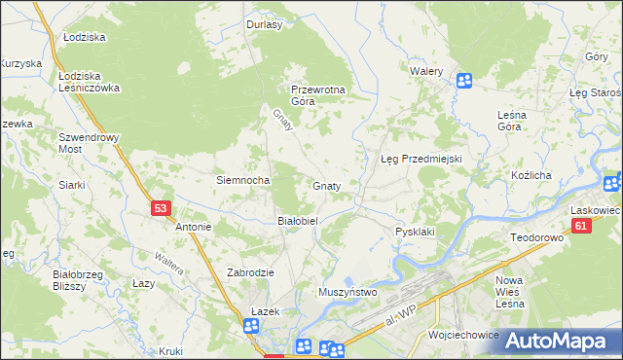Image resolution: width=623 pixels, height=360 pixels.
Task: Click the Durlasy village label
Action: (264, 24)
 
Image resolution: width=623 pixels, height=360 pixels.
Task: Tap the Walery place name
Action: (426, 72)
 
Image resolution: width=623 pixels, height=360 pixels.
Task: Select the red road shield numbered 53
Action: (162, 207)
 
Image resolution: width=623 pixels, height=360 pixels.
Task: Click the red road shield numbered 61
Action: (581, 226)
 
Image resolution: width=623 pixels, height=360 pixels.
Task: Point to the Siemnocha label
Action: (241, 180)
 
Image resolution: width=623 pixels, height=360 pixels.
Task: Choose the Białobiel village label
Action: (298, 221)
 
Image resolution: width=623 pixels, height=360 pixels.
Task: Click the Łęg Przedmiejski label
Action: (420, 158)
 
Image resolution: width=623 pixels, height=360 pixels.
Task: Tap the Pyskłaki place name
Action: (414, 232)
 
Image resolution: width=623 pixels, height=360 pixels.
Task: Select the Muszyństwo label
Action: (348, 291)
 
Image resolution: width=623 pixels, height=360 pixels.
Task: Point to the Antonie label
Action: (193, 227)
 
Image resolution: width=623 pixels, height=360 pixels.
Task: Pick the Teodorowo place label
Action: (537, 237)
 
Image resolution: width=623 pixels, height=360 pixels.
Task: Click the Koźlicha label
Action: (531, 175)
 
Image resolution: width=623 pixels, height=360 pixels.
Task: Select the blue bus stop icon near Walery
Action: (464, 81)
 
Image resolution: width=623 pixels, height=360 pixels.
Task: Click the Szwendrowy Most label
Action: (89, 143)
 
